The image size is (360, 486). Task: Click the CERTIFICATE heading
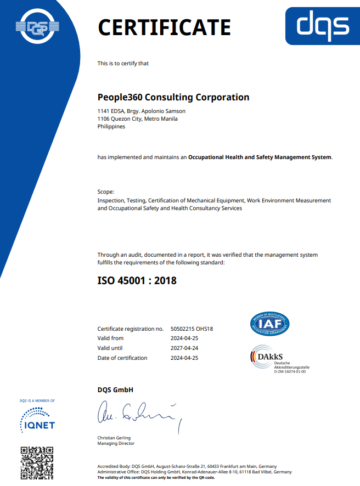point(164,27)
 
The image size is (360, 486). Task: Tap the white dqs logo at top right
point(323,25)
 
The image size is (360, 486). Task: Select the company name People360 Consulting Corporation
point(173,98)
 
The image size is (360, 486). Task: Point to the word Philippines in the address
point(111,126)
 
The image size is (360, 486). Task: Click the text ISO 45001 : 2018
point(137,281)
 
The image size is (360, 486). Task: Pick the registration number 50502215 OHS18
point(192,329)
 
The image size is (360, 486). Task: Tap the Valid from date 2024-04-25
point(184,338)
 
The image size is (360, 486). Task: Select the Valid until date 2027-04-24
point(184,348)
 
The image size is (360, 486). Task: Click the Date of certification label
point(122,358)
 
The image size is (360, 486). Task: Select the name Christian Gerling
point(114,438)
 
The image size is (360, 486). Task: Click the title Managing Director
point(116,443)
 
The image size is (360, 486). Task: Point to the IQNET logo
point(37,421)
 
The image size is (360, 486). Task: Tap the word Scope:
point(106,192)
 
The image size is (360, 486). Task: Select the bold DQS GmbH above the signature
point(115,390)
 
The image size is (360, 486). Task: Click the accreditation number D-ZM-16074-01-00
point(290,372)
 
